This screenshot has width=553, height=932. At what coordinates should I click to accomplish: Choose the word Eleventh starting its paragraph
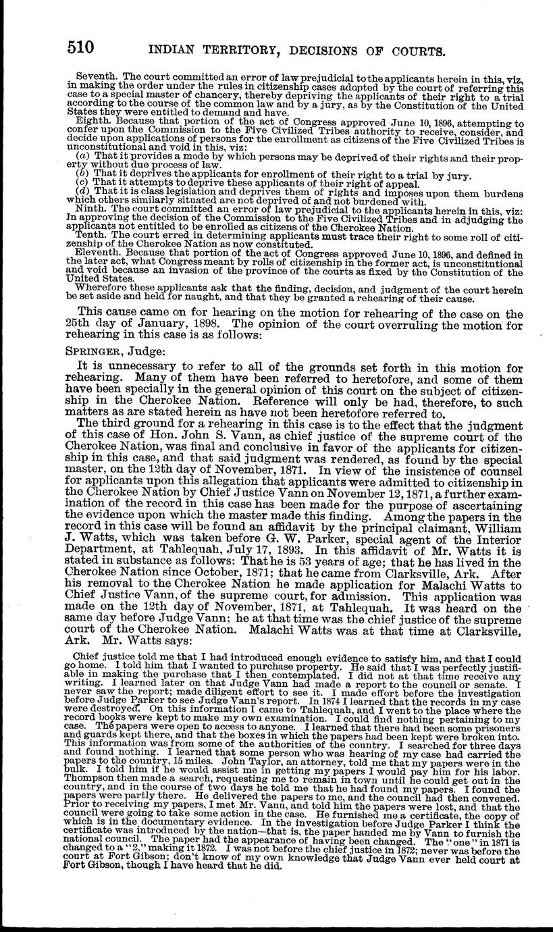point(97,255)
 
